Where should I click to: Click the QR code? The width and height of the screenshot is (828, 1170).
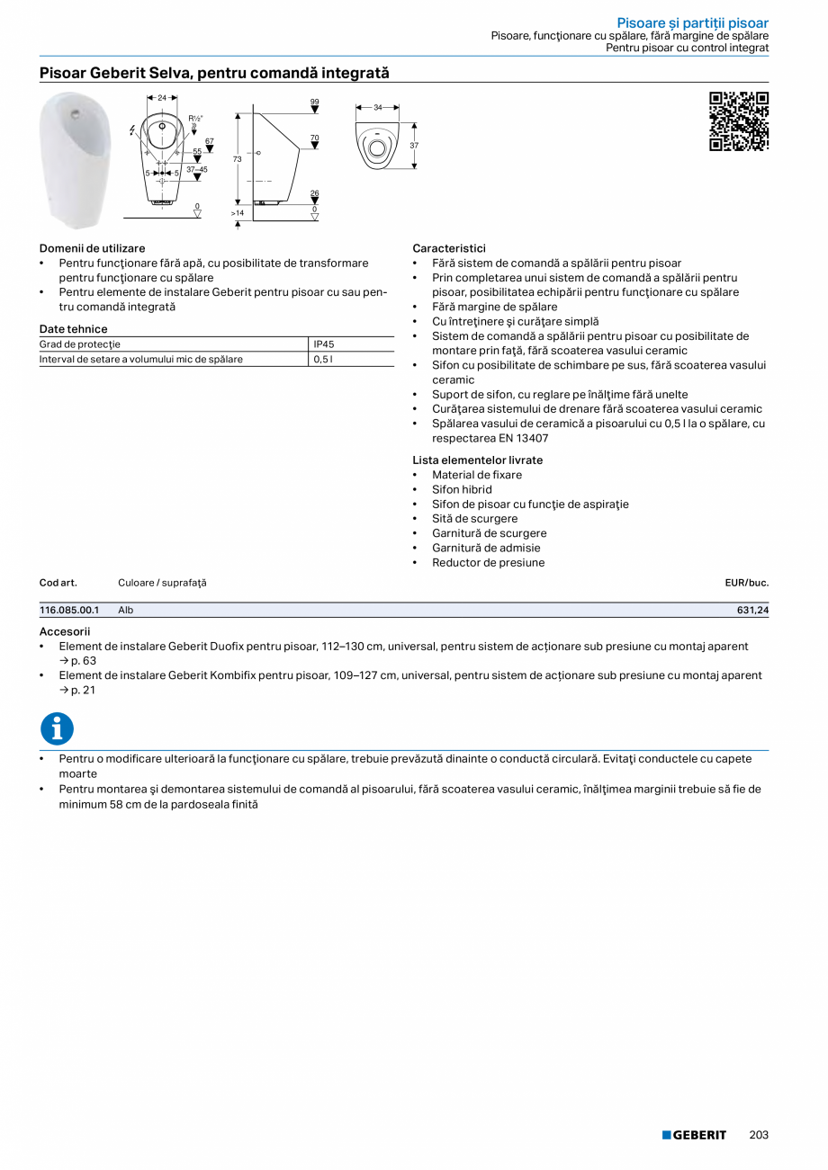click(739, 121)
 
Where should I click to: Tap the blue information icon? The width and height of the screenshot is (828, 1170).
click(57, 728)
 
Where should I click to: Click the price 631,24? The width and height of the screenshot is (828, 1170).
click(752, 610)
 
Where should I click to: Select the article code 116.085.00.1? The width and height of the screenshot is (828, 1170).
click(68, 610)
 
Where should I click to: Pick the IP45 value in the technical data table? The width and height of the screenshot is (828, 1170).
click(324, 344)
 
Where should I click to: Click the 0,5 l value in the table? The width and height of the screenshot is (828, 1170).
click(322, 360)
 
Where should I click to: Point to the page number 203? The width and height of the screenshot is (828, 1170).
click(759, 1135)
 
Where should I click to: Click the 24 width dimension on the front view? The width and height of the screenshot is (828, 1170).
click(162, 97)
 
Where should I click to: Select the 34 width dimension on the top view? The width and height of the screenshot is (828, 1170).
click(378, 108)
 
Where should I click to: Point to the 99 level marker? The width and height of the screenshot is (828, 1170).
click(314, 102)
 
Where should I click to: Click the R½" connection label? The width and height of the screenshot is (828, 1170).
click(195, 118)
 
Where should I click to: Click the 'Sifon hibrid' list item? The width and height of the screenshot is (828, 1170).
click(462, 489)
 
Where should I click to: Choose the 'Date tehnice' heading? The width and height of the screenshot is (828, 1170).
click(73, 329)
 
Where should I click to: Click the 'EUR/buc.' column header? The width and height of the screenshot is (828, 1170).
click(746, 583)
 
